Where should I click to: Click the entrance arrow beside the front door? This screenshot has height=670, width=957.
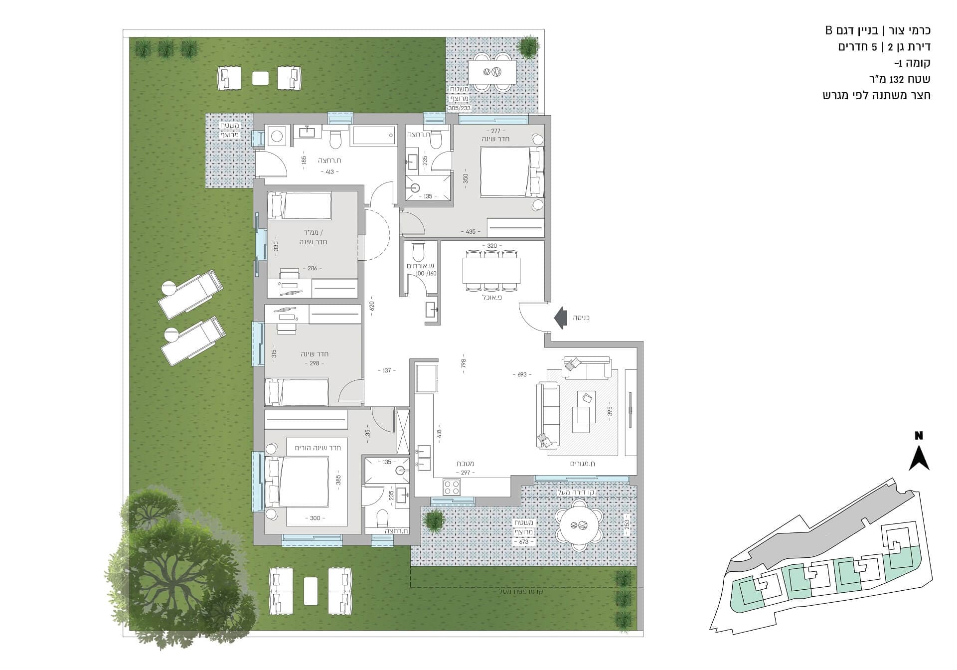click(560, 318)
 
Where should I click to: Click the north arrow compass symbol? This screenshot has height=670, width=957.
click(919, 454)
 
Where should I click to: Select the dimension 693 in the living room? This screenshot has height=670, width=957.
click(522, 374)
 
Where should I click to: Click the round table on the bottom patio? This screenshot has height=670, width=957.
click(580, 525)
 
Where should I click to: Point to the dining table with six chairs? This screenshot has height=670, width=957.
click(491, 270)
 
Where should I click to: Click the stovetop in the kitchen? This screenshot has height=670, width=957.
click(452, 487)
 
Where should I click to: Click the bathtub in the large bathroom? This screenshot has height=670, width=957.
click(374, 136)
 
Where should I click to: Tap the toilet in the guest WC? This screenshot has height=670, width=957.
click(418, 251)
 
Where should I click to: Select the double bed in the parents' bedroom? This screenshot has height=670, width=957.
click(297, 482)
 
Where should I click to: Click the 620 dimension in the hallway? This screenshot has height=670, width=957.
click(371, 305)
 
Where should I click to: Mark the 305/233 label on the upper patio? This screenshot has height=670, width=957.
click(460, 108)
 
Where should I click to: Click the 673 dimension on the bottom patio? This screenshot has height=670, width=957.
click(523, 541)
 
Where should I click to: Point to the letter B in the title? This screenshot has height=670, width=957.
click(829, 30)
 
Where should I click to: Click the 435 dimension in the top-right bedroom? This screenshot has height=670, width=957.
click(471, 232)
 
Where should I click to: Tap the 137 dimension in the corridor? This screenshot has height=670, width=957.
click(387, 370)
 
